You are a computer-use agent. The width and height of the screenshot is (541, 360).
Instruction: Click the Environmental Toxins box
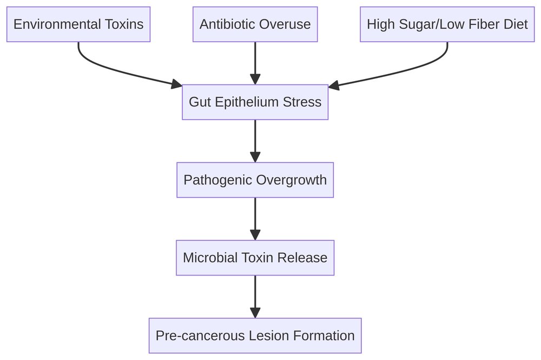(x=78, y=24)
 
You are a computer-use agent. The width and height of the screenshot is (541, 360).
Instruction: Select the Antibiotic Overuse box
(x=255, y=24)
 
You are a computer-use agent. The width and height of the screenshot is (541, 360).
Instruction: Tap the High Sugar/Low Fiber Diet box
(x=447, y=24)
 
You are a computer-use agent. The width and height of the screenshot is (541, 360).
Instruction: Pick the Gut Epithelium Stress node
(x=255, y=102)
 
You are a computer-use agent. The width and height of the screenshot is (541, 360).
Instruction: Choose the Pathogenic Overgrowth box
(x=255, y=180)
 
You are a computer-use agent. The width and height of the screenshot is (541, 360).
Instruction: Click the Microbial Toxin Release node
(x=255, y=258)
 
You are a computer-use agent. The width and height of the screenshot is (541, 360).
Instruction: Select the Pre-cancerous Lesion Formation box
(x=255, y=336)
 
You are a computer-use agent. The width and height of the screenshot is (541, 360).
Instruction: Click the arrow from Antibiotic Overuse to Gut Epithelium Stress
(x=255, y=62)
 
